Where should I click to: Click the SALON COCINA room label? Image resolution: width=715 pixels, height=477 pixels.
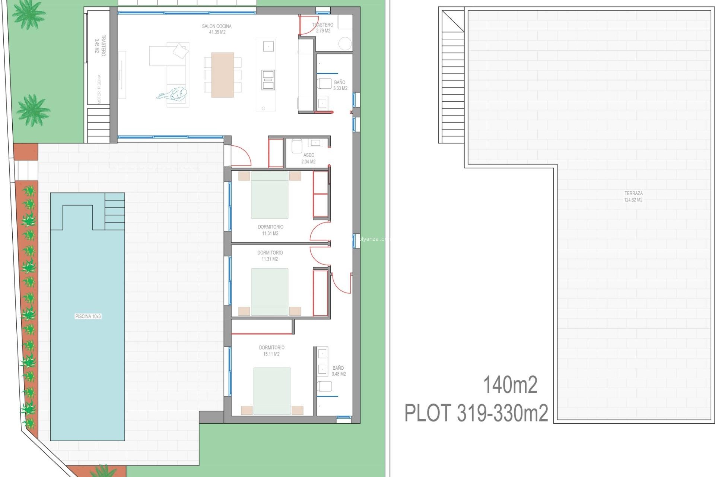[x=217, y=29]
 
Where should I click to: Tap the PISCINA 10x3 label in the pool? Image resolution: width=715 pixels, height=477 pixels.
[x=88, y=316]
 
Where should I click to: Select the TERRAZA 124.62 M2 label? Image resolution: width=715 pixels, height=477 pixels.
[x=633, y=196]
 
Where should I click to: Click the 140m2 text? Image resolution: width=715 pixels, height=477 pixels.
[x=510, y=385]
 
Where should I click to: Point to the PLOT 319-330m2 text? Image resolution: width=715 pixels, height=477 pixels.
[x=476, y=413]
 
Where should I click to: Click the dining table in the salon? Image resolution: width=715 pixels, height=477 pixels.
[x=223, y=75]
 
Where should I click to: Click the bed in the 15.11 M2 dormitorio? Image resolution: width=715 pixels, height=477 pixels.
[x=272, y=391]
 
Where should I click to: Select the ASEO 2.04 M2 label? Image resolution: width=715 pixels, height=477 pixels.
[x=308, y=158]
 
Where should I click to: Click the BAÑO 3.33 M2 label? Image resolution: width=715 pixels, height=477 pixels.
[x=340, y=85]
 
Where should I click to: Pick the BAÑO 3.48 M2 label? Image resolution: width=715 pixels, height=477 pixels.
[x=339, y=371]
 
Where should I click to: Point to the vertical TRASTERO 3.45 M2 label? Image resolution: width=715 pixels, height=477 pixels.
[x=100, y=45]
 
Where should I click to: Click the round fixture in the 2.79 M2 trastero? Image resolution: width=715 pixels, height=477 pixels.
[x=345, y=44]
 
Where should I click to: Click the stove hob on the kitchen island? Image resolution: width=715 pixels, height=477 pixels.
[x=268, y=79]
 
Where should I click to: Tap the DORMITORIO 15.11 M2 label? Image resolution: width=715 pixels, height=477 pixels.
[x=271, y=351]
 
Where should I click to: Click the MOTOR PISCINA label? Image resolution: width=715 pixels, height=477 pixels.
[x=99, y=89]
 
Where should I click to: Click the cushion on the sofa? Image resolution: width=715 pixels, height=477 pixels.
[x=181, y=51]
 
